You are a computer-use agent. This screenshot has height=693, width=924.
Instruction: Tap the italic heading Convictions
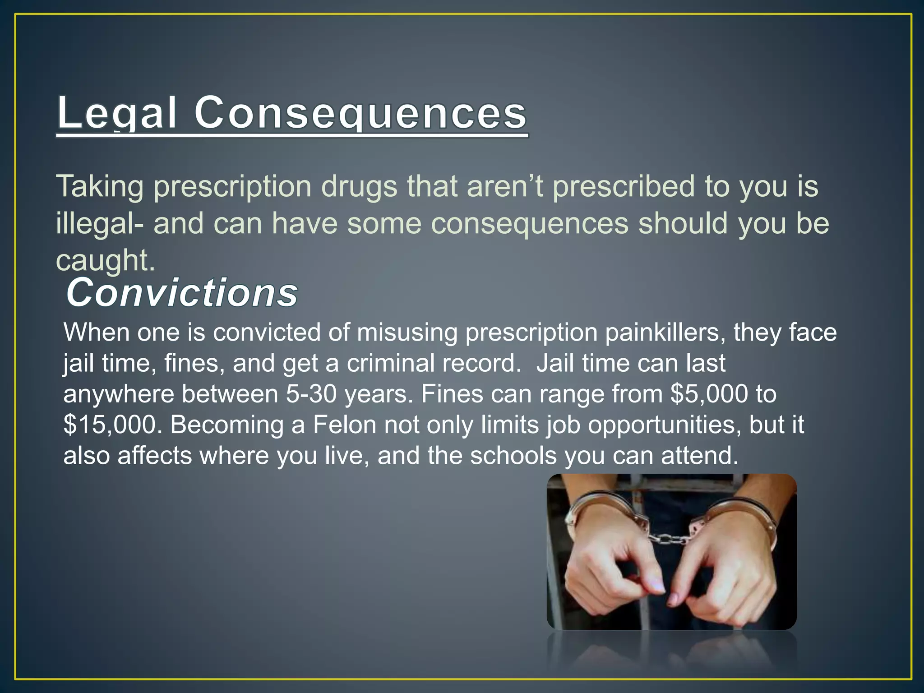coord(182,293)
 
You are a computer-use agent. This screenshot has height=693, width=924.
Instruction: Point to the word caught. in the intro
coord(105,261)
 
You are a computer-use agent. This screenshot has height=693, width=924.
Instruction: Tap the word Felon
coord(345,425)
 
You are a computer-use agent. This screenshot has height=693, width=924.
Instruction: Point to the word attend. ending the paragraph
coord(700,456)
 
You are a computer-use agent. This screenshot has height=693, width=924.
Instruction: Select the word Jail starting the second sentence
coord(555,363)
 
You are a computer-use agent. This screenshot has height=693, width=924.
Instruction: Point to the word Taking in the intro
coord(100,186)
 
